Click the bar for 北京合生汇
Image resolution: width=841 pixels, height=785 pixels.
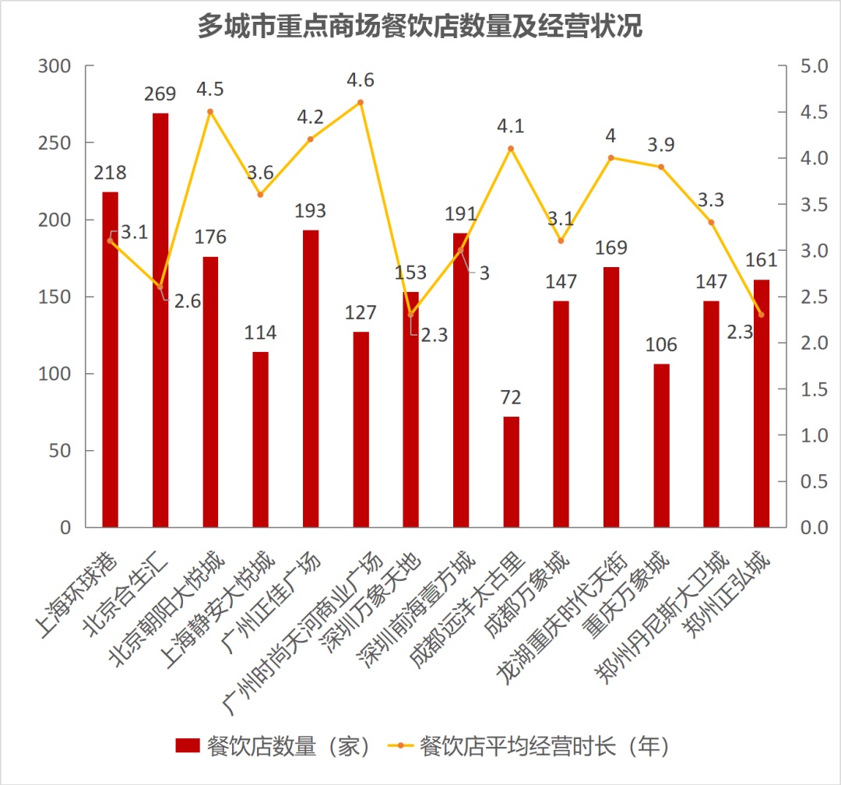pos(160,320)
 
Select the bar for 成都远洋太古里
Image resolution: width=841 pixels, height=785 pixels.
pos(511,472)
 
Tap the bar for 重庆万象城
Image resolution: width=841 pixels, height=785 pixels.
pos(661,445)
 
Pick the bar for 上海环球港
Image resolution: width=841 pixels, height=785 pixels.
pos(111,359)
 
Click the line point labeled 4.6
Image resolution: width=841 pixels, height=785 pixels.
pos(361,102)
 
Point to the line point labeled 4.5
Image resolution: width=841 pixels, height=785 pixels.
pos(210,111)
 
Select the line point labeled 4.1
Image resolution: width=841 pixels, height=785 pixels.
pos(511,148)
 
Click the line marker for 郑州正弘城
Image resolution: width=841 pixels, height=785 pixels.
pos(761,315)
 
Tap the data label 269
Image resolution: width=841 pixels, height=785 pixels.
pos(160,94)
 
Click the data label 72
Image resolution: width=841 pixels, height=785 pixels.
pos(511,398)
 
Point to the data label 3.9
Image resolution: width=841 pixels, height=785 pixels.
pos(660,145)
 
